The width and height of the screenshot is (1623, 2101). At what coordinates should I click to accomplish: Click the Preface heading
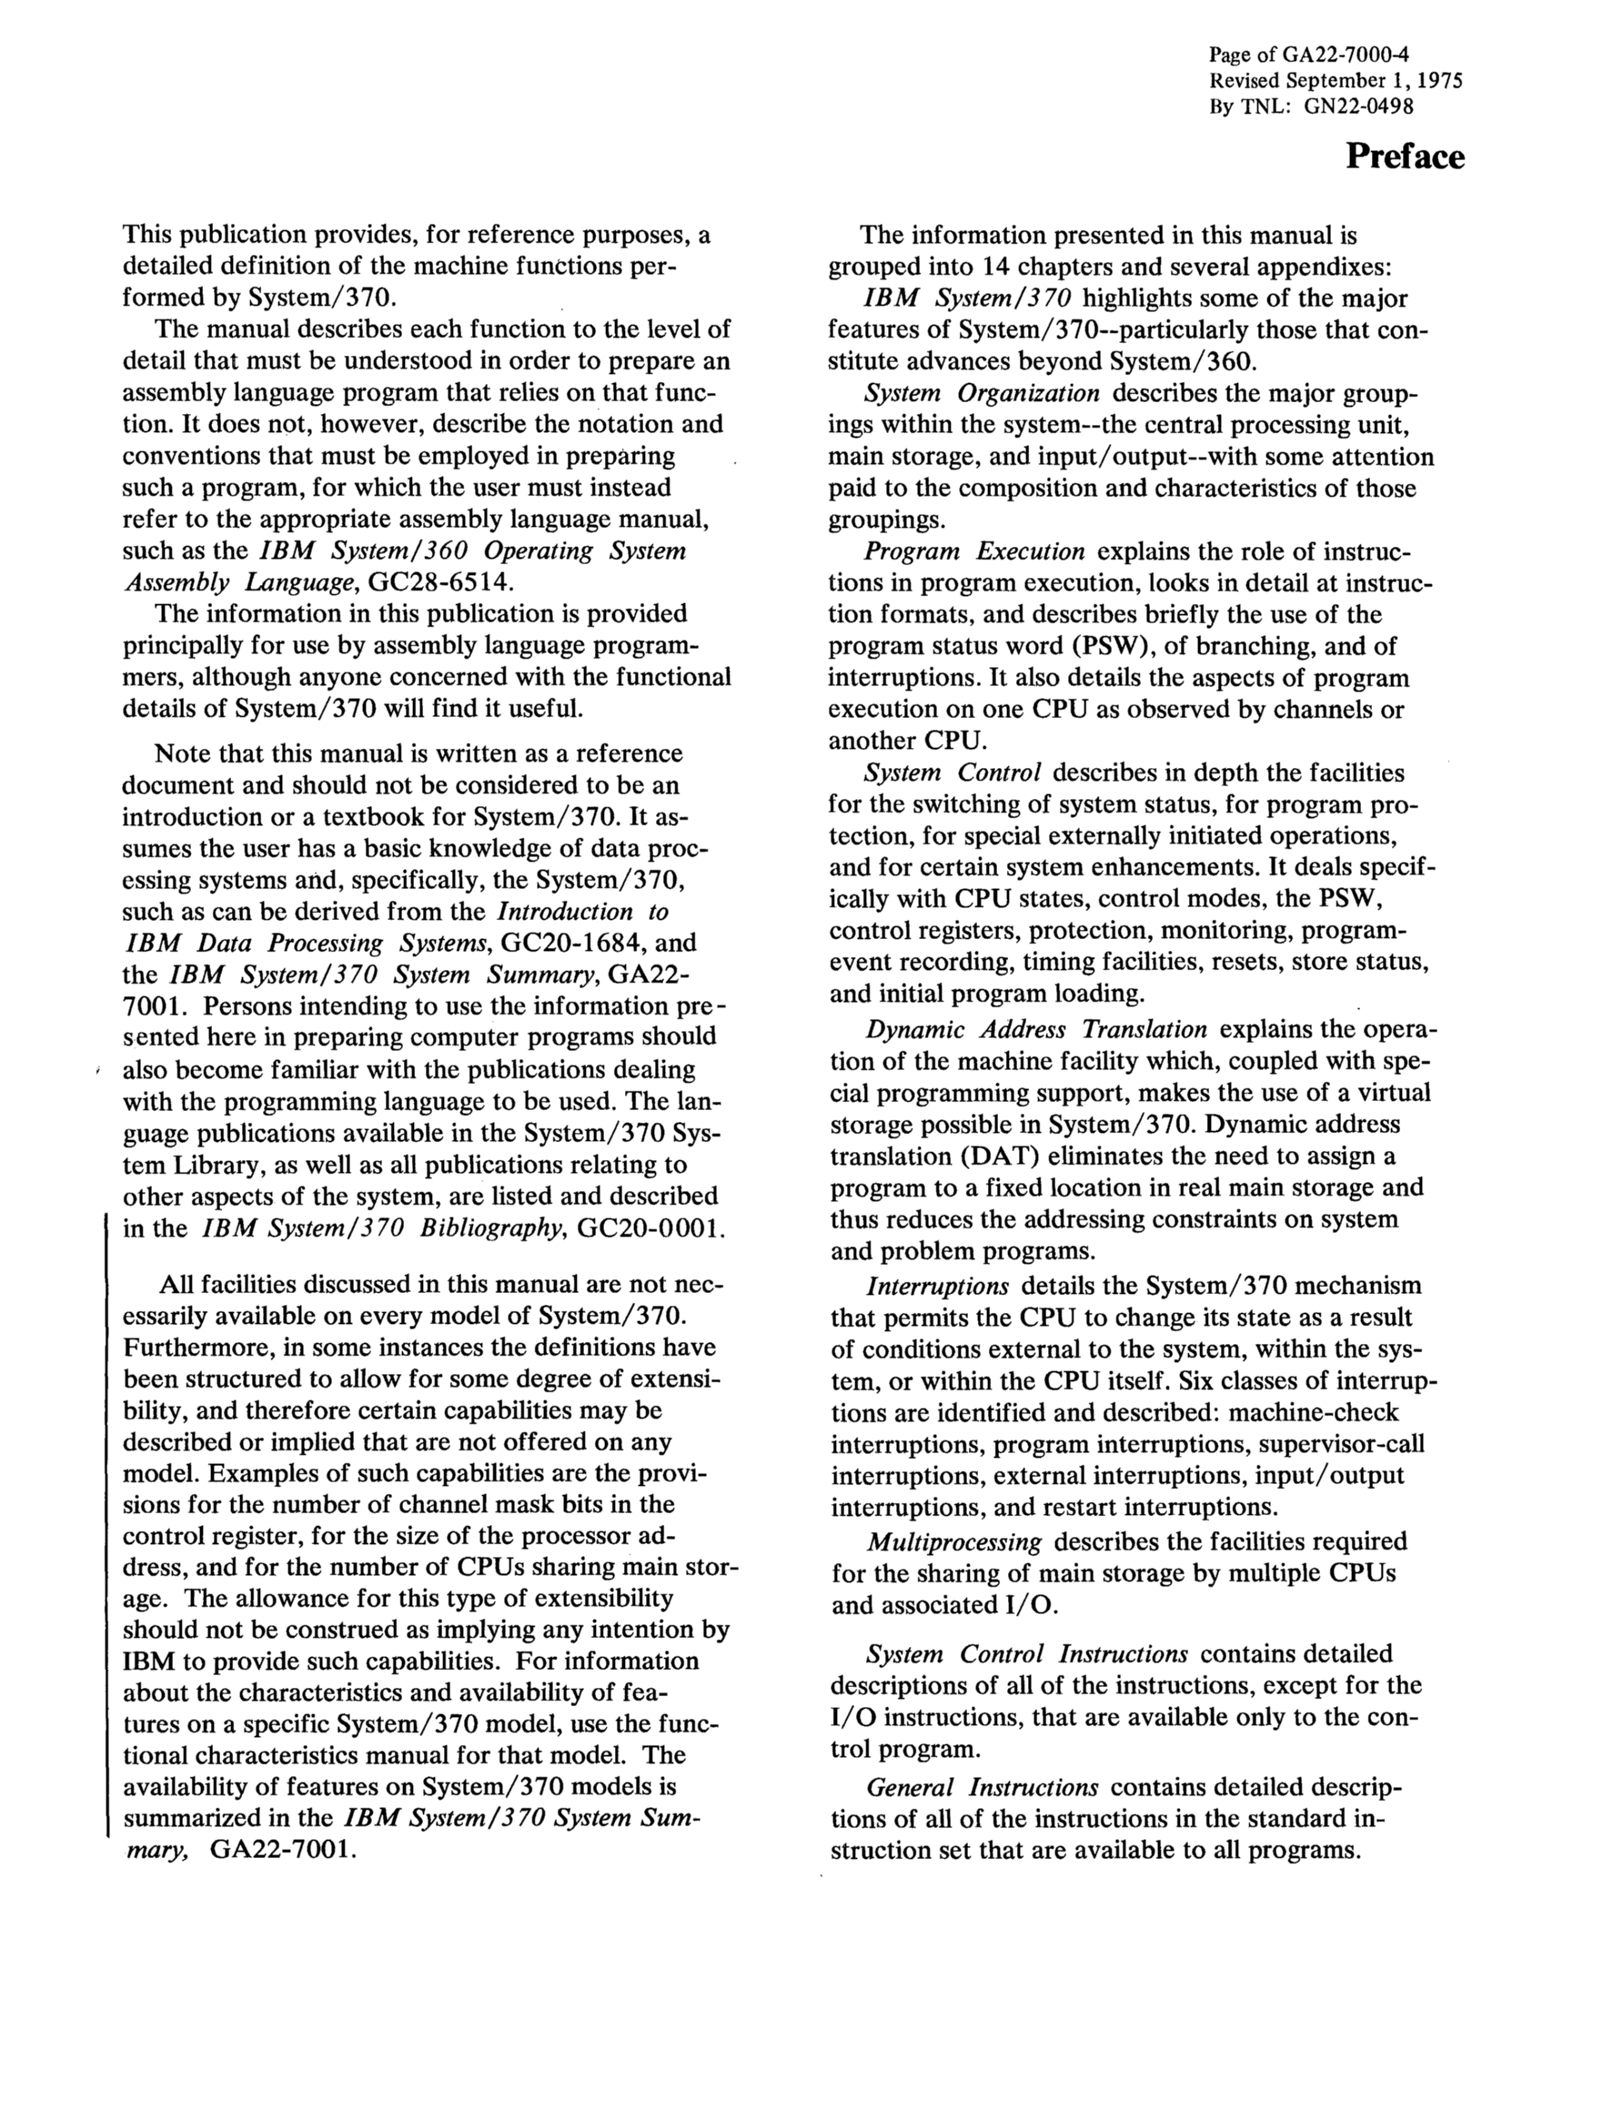pos(1404,157)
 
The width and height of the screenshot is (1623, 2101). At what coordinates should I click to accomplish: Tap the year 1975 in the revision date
pos(1436,81)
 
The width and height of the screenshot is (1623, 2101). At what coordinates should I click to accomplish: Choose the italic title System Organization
pos(982,393)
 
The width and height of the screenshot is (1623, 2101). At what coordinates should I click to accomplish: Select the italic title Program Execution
pos(974,551)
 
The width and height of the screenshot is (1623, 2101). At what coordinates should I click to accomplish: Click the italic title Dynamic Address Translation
pos(1036,1029)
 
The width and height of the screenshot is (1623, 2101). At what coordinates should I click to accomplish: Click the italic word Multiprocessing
pos(954,1542)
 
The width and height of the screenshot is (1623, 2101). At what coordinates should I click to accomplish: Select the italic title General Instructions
pos(983,1787)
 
